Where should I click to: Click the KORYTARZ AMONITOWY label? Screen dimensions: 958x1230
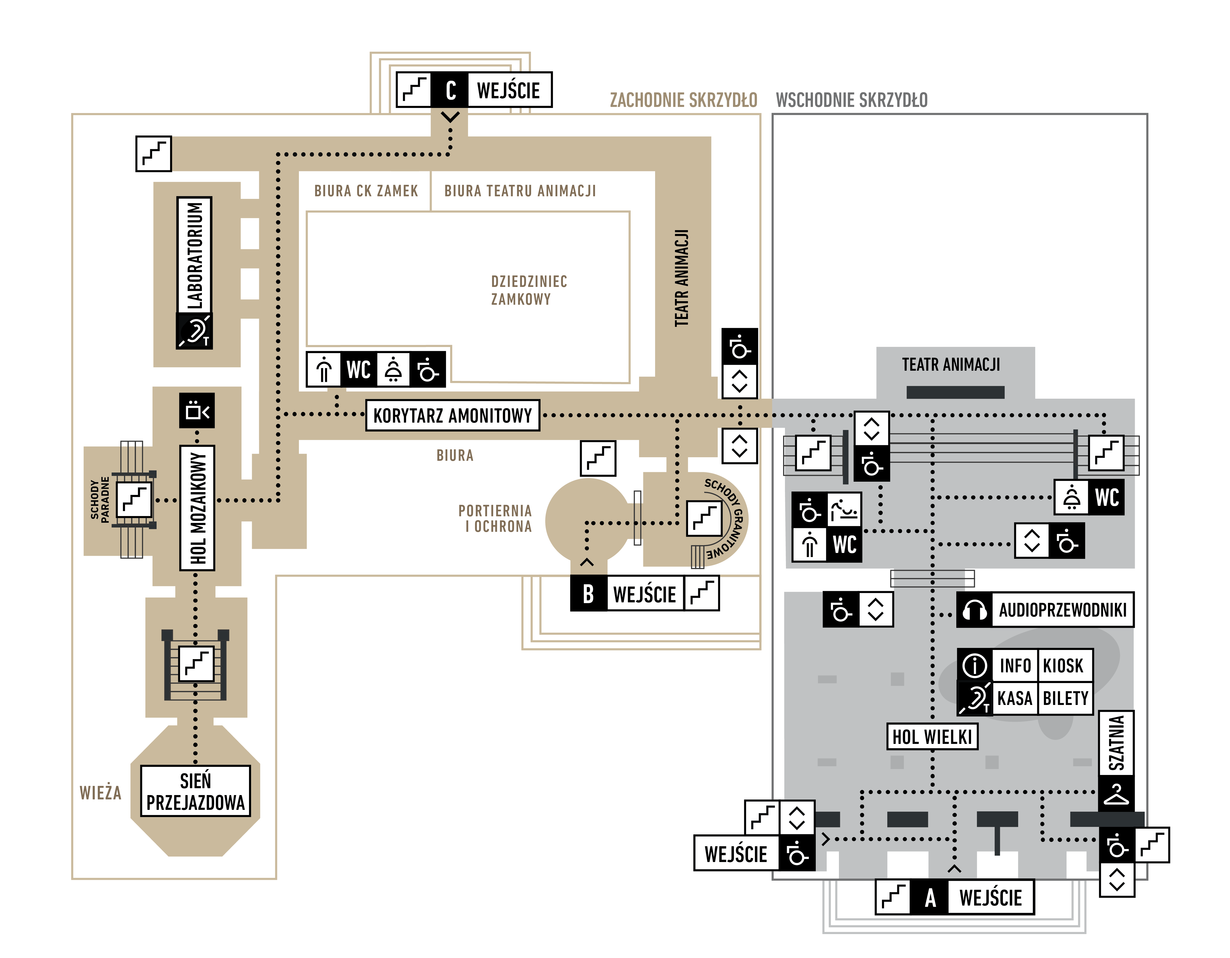452,416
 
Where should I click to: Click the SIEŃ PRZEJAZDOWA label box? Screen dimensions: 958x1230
196,791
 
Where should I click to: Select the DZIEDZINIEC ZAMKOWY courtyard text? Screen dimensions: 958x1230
528,290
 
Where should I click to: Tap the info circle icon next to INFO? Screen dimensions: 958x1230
975,666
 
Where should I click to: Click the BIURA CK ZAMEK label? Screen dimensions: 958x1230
366,191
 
